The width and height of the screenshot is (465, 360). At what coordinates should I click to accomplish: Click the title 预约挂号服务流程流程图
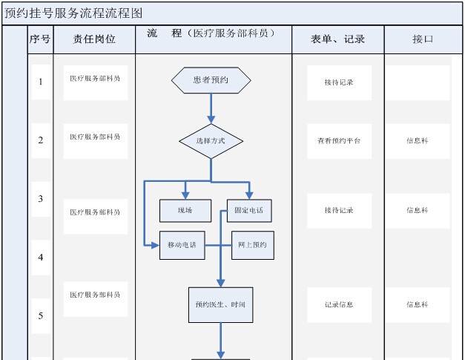coord(73,13)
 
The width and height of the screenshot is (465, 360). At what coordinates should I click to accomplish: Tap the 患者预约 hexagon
coord(211,80)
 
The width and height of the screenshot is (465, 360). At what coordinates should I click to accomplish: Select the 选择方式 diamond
coord(211,141)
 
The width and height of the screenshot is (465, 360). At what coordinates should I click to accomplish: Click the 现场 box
coord(185,211)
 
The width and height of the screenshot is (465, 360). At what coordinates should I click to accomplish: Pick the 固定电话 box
coord(249,211)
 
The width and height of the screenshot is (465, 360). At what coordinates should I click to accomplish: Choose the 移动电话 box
coord(182,246)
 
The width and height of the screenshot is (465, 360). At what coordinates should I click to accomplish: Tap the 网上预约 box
coord(253,246)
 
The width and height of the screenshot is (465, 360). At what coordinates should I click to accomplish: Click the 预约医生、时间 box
coord(221,305)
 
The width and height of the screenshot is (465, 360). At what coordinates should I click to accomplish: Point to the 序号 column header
coord(40,39)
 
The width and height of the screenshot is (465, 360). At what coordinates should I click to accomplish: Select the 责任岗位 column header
coord(94,39)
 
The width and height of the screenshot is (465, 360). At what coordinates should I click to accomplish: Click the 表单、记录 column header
coord(337,39)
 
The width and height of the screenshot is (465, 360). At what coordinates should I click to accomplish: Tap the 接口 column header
coord(423,39)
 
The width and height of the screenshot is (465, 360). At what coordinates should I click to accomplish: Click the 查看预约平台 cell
coord(339,141)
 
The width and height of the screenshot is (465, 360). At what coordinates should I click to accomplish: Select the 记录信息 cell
coord(339,304)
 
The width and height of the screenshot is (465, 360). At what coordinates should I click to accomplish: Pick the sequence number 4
coord(41,257)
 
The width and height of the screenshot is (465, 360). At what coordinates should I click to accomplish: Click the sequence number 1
coord(41,82)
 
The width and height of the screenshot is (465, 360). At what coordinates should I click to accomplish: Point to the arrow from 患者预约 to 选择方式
coord(211,108)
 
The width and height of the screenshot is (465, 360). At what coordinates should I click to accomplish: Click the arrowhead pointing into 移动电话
coord(156,246)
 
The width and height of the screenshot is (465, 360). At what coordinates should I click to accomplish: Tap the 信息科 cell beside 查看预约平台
coord(418,141)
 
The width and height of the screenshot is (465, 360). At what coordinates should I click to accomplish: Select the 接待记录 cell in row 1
coord(339,82)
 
